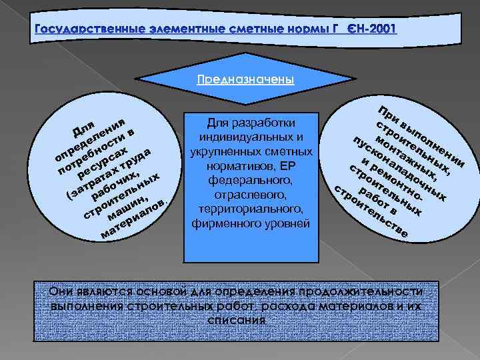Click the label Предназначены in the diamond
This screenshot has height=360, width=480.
click(245, 79)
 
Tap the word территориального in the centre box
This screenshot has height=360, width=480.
click(249, 209)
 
